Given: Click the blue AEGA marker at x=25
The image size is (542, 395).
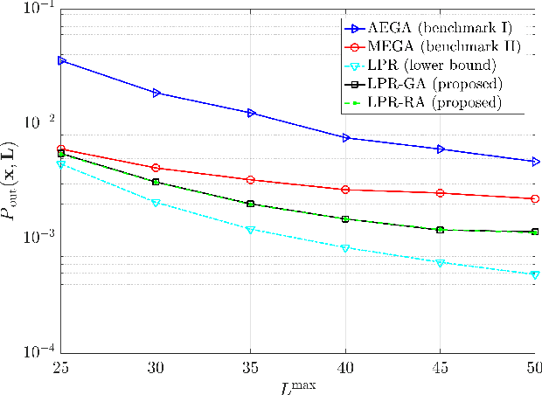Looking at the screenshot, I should (x=61, y=60).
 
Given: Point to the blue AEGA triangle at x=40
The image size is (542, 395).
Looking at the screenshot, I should (x=346, y=138).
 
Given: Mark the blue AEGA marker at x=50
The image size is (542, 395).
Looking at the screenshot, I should (x=534, y=162).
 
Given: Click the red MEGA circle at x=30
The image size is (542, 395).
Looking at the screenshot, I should (x=156, y=168).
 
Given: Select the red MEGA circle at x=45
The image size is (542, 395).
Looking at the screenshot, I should (x=441, y=193).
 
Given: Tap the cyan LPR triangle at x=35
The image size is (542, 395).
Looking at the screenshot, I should (x=251, y=230).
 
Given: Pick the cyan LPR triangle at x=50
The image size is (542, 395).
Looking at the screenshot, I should (x=534, y=274).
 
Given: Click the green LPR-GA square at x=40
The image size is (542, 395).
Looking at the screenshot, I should (x=346, y=219).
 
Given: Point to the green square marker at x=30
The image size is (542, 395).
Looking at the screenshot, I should (x=156, y=182).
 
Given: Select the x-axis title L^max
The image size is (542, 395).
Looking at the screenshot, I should (x=297, y=384).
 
